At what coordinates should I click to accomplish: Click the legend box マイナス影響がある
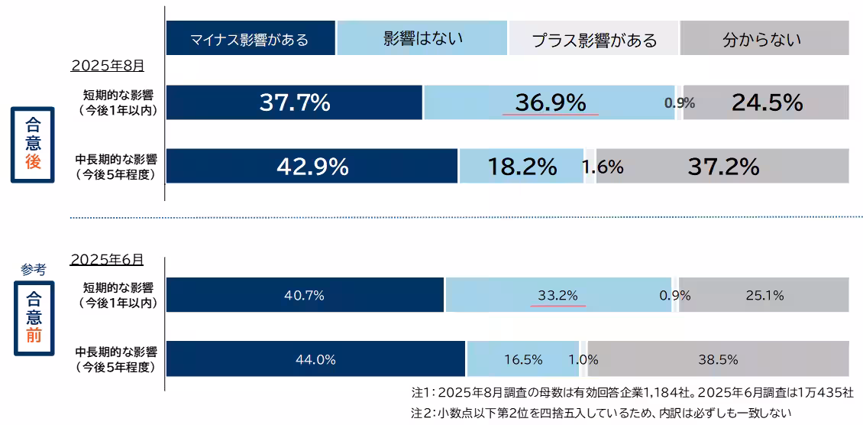click(x=250, y=39)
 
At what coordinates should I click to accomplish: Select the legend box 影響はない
click(x=422, y=37)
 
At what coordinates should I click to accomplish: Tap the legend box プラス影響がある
click(x=593, y=39)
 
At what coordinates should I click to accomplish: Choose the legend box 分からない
click(x=763, y=39)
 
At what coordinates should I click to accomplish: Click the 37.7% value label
click(x=295, y=102)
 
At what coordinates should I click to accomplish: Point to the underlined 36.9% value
click(x=550, y=102)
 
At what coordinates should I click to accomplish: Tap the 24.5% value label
click(x=767, y=102)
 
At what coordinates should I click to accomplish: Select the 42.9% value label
click(x=312, y=167)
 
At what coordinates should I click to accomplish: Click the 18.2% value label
click(x=522, y=167)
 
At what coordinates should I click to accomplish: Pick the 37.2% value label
click(x=723, y=166)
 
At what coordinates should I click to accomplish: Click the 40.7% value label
click(x=304, y=295)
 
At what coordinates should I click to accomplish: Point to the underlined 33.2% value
click(x=558, y=295)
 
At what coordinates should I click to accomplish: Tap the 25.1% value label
click(x=764, y=295)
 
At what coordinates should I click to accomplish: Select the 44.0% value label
click(x=315, y=359)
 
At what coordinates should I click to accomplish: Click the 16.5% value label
click(x=523, y=359)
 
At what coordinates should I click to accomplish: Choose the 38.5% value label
click(x=718, y=359)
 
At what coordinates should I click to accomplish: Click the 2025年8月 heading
click(x=107, y=66)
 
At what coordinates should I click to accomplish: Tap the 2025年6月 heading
click(x=106, y=259)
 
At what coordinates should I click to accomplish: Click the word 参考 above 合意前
click(x=34, y=269)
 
